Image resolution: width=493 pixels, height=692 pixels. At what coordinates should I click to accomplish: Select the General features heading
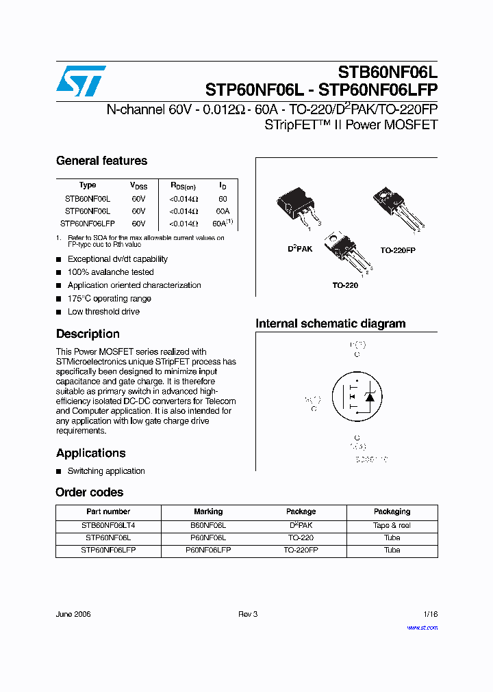point(101,161)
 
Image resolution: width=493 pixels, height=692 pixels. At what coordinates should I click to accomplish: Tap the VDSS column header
point(138,185)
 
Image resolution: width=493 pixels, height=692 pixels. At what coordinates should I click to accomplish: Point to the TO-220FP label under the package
point(398,250)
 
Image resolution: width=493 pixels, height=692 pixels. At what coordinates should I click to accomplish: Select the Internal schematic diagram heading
point(330,323)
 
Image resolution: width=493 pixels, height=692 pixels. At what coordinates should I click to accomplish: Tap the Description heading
point(88,334)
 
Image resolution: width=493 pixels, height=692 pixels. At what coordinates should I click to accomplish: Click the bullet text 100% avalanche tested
point(110,272)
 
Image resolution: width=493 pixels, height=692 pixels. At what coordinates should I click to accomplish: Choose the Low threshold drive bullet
point(103,311)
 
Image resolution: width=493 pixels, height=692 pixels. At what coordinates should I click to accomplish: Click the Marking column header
point(208,511)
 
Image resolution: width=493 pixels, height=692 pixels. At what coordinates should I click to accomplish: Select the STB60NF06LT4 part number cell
point(108,525)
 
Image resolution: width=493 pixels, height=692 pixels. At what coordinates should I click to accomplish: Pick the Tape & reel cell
point(392,525)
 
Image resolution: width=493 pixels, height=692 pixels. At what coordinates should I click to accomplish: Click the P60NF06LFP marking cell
point(208,550)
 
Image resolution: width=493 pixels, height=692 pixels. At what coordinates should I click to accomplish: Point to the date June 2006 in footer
point(73,614)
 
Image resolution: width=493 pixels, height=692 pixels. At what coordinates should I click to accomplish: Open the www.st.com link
point(422,628)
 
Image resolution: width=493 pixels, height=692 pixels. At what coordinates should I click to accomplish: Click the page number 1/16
point(429,614)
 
